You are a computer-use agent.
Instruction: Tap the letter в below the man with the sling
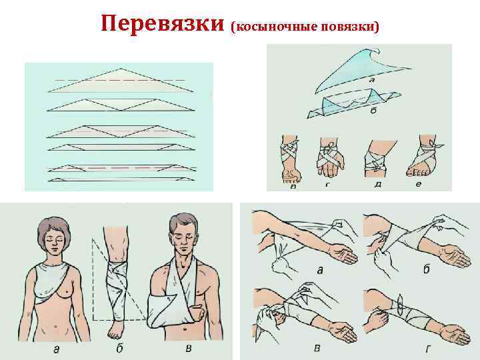click(x=189, y=348)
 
